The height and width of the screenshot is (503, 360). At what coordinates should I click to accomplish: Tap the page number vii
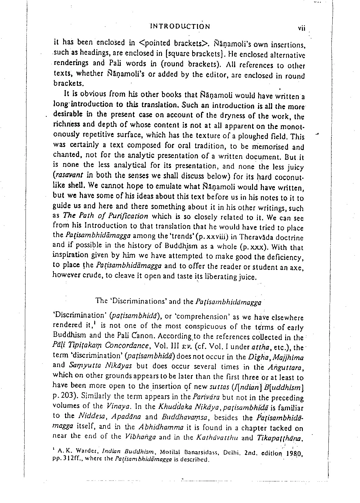(x=301, y=28)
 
